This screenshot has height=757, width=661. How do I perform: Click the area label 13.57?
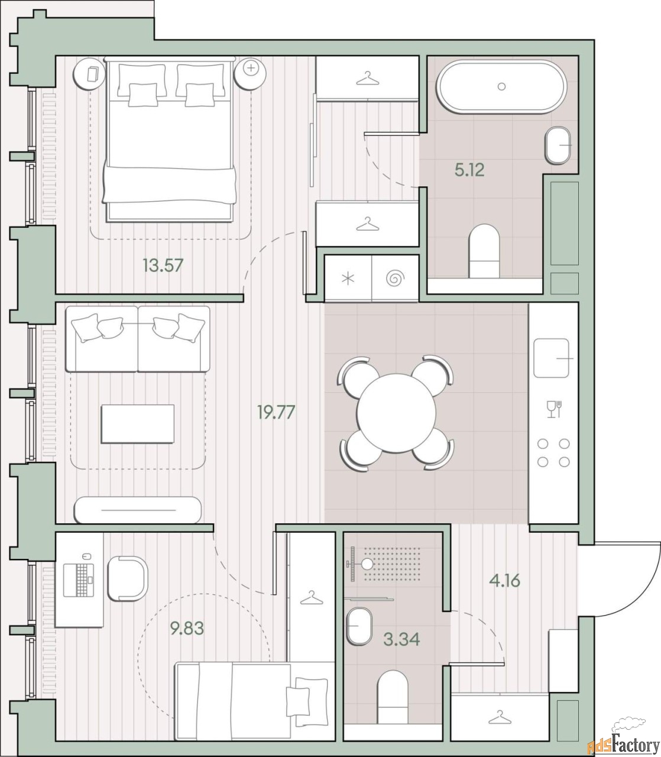click(164, 266)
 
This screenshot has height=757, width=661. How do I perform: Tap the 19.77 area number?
click(276, 412)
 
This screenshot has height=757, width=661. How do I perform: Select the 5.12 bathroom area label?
click(469, 170)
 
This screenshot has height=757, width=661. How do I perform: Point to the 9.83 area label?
click(187, 628)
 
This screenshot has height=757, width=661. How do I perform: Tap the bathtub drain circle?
click(501, 86)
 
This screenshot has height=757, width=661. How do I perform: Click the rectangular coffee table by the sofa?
click(138, 423)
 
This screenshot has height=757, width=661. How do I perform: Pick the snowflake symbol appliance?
click(348, 278)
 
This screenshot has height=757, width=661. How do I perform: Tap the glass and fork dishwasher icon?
click(554, 409)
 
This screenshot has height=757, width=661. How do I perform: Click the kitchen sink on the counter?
click(551, 358)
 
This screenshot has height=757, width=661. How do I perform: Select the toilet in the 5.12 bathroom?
click(484, 251)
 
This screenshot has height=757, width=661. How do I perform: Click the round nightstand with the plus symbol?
click(251, 73)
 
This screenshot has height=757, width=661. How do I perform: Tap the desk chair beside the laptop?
click(128, 580)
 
